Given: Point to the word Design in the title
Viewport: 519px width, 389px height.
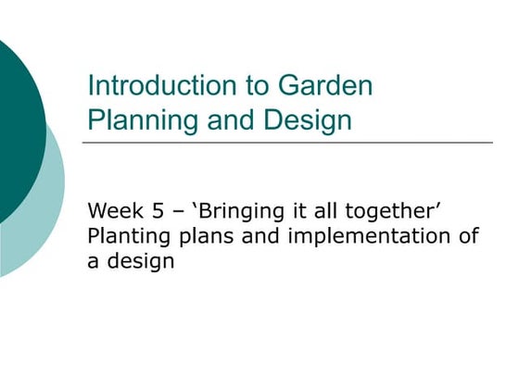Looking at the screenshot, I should (x=307, y=119).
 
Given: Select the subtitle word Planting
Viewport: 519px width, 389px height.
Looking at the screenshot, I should (x=128, y=236).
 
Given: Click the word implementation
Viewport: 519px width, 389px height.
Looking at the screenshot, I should (x=369, y=236).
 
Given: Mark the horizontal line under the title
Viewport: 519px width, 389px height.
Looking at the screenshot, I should (x=287, y=143).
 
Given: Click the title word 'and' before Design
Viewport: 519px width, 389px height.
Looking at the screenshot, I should (x=219, y=119).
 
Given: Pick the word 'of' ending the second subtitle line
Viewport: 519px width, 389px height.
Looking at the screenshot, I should (x=468, y=236).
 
